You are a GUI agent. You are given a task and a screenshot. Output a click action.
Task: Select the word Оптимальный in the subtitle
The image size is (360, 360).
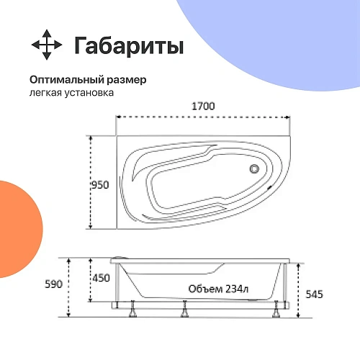click(x=69, y=80)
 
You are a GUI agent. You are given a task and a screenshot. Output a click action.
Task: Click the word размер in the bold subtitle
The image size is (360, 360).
click(x=129, y=80)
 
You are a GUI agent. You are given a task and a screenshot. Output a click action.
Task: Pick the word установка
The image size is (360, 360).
click(x=89, y=93)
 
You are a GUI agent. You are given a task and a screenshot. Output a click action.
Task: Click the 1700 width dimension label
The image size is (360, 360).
click(x=204, y=106)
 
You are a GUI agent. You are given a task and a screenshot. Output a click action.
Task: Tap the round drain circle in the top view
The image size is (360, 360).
click(x=253, y=170)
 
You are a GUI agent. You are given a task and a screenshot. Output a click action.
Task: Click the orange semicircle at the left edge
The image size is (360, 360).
click(x=16, y=216)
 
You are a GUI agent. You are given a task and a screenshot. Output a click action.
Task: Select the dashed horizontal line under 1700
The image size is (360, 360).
click(x=204, y=117)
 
